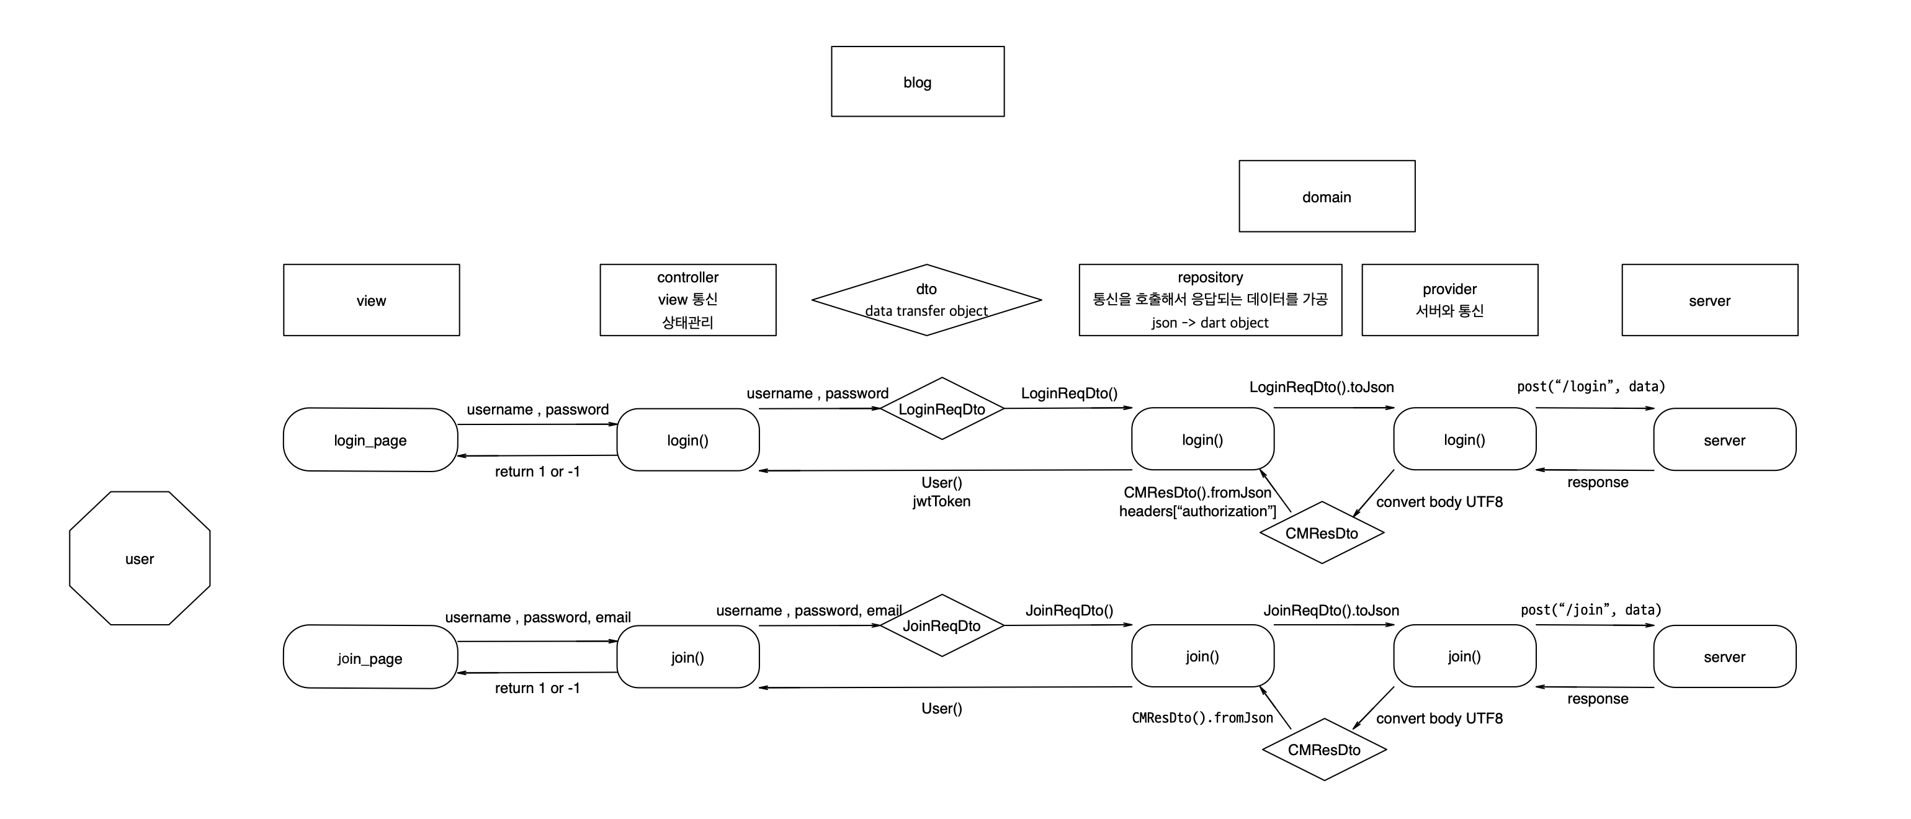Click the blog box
[917, 82]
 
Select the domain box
[1327, 197]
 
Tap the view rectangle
[371, 300]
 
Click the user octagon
[140, 558]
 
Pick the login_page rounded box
[370, 440]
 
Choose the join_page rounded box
[370, 657]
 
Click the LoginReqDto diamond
[941, 409]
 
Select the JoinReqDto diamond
[941, 625]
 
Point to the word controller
[687, 277]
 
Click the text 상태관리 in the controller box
[687, 322]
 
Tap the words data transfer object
[926, 311]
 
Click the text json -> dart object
[1210, 323]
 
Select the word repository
[1210, 277]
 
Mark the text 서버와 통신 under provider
[1449, 311]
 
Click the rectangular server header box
[1709, 300]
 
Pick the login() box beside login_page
[687, 440]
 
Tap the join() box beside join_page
[687, 657]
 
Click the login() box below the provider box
[1464, 439]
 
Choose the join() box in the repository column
[1202, 656]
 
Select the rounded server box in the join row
[1724, 656]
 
